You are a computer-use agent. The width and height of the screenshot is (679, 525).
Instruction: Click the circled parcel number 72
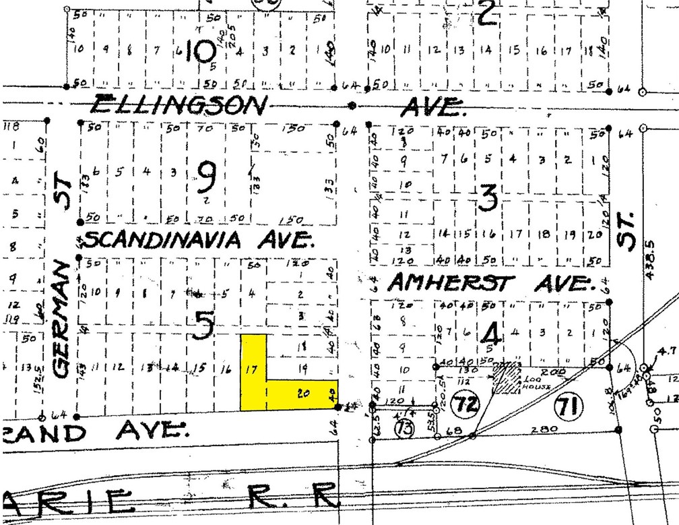pos(464,405)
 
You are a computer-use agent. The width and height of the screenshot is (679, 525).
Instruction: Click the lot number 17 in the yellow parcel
pos(253,369)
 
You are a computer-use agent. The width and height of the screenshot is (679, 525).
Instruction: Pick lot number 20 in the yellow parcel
pos(302,394)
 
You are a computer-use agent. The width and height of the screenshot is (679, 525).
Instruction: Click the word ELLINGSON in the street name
pos(180,105)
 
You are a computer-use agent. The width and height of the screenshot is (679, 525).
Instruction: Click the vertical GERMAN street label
pos(63,319)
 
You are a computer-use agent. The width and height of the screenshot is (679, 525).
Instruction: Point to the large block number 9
pos(207,178)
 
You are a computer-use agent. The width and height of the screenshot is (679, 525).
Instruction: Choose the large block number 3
pos(488,197)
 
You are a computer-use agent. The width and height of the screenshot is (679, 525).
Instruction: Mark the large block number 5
pos(204,327)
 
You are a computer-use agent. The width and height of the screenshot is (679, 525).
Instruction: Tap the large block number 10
pos(200,50)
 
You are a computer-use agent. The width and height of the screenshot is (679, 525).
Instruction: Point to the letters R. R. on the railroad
pos(292,498)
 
